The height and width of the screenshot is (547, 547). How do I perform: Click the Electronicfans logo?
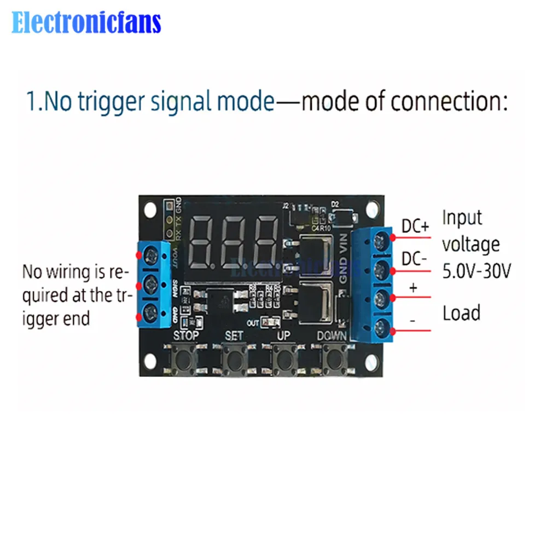pyautogui.click(x=86, y=23)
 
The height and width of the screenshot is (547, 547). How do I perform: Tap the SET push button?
pyautogui.click(x=234, y=359)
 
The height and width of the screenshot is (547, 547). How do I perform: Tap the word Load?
pyautogui.click(x=461, y=313)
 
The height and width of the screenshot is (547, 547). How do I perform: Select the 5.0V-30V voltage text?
pyautogui.click(x=476, y=271)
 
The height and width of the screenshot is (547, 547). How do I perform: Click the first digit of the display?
pyautogui.click(x=203, y=241)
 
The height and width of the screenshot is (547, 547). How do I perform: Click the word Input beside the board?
pyautogui.click(x=462, y=217)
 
